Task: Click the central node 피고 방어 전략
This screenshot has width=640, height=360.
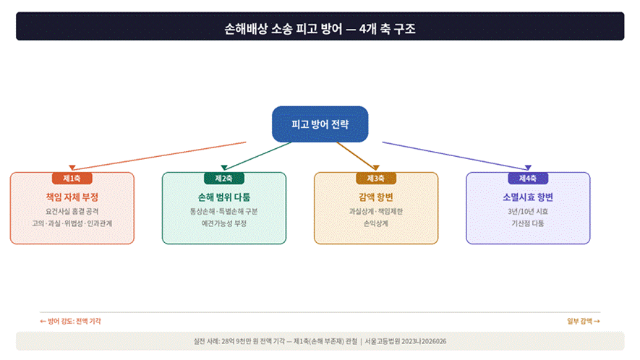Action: tap(320, 124)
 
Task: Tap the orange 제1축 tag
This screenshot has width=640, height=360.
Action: tap(72, 178)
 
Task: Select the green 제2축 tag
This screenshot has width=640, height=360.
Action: tap(223, 178)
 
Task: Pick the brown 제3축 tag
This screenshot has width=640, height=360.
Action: tap(375, 178)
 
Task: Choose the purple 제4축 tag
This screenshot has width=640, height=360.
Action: tap(527, 178)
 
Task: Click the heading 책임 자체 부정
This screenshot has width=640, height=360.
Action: tap(72, 197)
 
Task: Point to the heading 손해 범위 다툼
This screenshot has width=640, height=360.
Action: tap(223, 197)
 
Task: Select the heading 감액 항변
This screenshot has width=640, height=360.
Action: tap(375, 197)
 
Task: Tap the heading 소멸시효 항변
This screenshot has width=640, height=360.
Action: tap(527, 197)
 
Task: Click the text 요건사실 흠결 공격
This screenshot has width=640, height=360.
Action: tap(72, 212)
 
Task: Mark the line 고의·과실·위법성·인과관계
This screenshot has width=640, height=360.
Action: tap(72, 224)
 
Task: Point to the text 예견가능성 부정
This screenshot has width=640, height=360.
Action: tap(223, 224)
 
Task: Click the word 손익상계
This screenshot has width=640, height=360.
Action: tap(375, 224)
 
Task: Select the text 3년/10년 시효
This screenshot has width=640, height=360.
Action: tap(527, 212)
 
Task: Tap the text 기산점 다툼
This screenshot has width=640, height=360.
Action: tap(527, 224)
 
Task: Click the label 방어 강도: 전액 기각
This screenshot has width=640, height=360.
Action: tap(70, 321)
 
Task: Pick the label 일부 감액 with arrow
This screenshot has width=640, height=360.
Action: tap(584, 321)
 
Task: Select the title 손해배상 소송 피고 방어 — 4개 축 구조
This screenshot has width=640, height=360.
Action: tap(320, 30)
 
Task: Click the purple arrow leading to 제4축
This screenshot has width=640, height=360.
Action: tap(456, 155)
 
